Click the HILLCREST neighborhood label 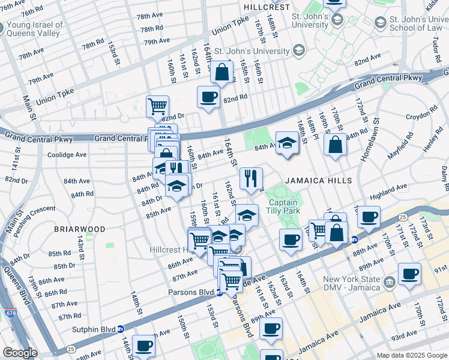[263, 6]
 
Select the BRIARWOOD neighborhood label [79, 229]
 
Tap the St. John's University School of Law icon [380, 23]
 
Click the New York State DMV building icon [389, 281]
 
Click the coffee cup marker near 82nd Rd [208, 97]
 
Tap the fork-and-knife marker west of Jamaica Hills [250, 178]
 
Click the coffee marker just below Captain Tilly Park [291, 239]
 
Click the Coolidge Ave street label [67, 154]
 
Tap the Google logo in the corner [20, 353]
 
